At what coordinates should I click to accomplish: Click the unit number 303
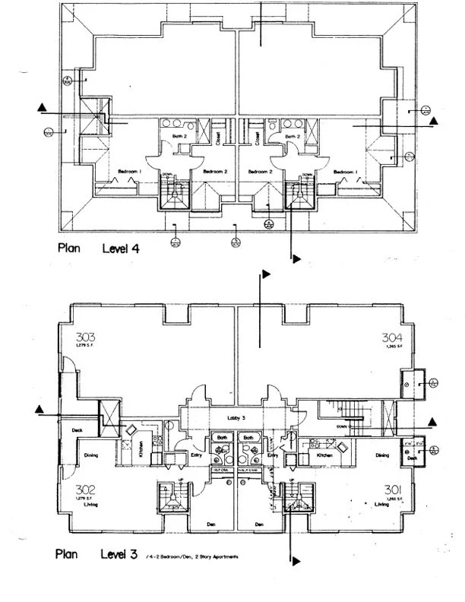tap(84, 337)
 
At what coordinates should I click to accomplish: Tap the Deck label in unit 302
tap(77, 430)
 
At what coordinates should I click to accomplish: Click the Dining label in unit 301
tap(382, 455)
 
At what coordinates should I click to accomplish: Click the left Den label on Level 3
tap(210, 524)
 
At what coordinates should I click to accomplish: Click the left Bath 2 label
tap(179, 137)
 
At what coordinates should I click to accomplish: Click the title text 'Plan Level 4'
tap(106, 247)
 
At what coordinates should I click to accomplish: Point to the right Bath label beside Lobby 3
tap(248, 439)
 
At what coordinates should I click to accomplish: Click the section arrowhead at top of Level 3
tap(266, 272)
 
